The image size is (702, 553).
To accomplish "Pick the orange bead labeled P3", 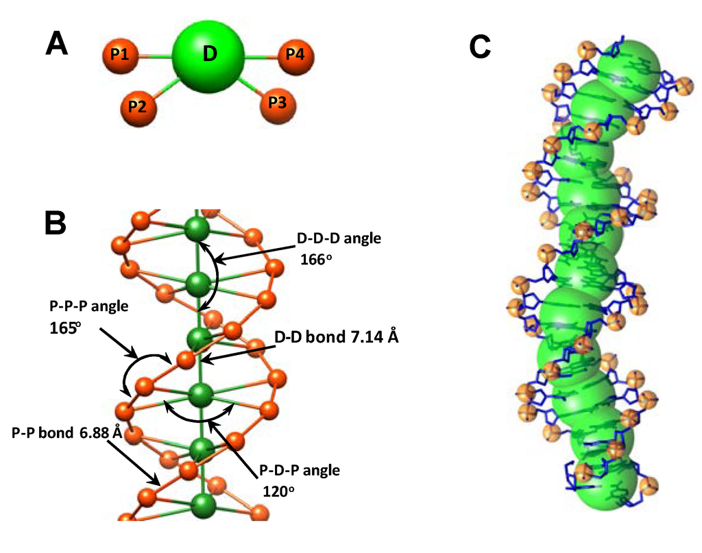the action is tap(277, 103).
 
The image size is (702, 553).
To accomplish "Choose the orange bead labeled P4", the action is tap(295, 55).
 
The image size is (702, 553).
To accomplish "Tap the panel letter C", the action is tap(480, 47).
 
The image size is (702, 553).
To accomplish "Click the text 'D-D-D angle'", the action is tap(338, 239).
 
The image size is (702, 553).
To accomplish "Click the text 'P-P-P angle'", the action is tap(89, 306).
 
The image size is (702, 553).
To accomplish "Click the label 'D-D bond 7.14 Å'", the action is tap(336, 337).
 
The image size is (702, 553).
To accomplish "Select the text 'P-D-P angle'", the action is tap(300, 471).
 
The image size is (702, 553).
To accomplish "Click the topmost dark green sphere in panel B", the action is tap(197, 228).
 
